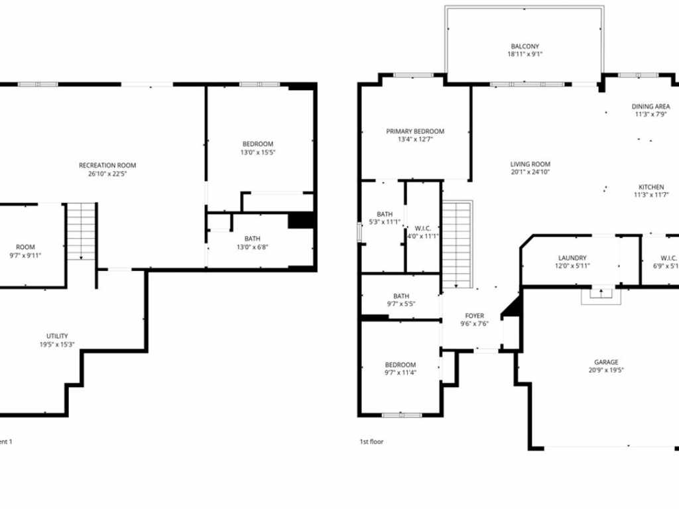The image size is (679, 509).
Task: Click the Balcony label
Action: (x=525, y=46)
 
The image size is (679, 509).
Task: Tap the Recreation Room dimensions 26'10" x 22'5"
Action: (x=107, y=174)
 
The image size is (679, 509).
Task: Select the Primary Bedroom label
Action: (x=415, y=131)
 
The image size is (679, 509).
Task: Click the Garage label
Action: (x=606, y=362)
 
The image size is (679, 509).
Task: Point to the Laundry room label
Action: (x=572, y=258)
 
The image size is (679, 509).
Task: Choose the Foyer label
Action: (x=474, y=315)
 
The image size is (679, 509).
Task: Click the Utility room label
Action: (x=57, y=336)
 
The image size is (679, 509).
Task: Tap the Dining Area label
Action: (x=650, y=106)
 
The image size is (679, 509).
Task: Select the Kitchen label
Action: (x=651, y=187)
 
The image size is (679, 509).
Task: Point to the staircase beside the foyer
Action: (x=456, y=245)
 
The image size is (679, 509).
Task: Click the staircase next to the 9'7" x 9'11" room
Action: (x=82, y=232)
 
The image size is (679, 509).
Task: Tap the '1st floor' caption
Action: (x=371, y=441)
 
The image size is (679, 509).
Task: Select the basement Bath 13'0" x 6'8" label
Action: (x=252, y=239)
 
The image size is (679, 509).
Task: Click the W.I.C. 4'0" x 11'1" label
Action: (x=422, y=228)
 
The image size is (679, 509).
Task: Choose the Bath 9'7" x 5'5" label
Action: (x=401, y=296)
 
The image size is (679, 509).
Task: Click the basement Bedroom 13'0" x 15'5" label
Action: (x=257, y=144)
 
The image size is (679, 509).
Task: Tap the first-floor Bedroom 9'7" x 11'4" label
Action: (x=401, y=365)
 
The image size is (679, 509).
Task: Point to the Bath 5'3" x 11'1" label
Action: (x=384, y=214)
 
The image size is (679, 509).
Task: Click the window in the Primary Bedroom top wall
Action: (x=414, y=75)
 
